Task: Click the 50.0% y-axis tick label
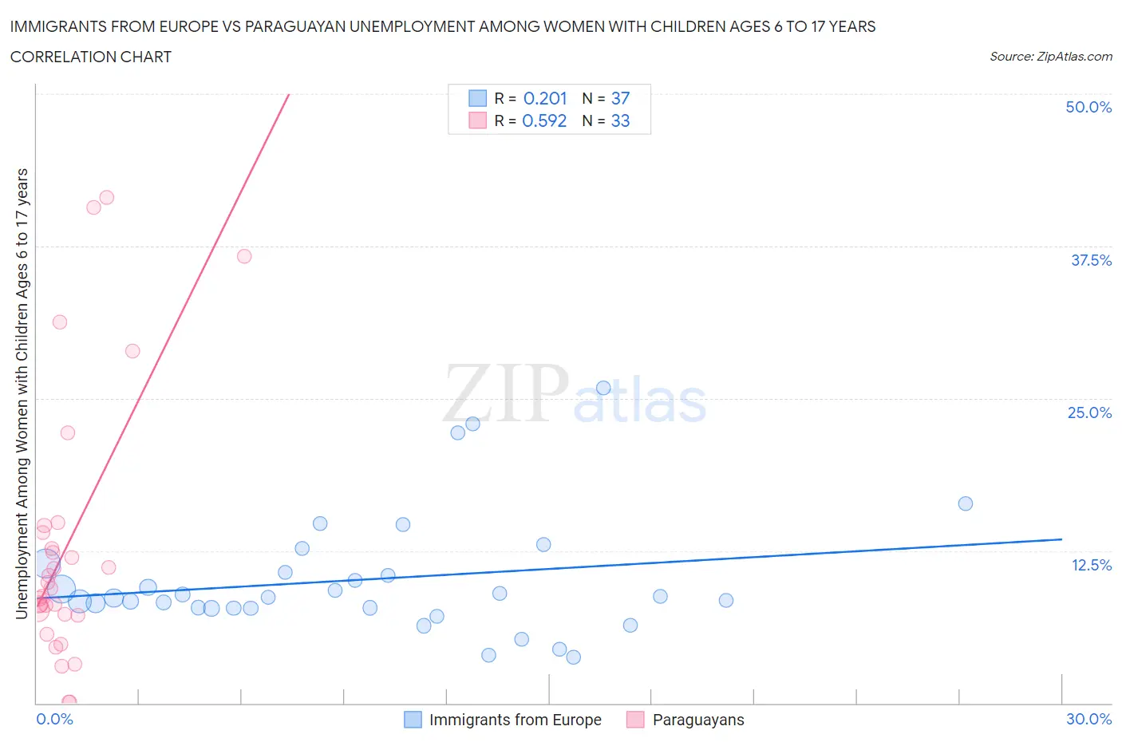pyautogui.click(x=1088, y=107)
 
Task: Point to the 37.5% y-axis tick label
pyautogui.click(x=1091, y=260)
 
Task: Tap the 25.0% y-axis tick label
pyautogui.click(x=1089, y=412)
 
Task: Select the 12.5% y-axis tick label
pyautogui.click(x=1091, y=565)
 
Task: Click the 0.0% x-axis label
pyautogui.click(x=54, y=719)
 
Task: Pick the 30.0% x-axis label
pyautogui.click(x=1088, y=719)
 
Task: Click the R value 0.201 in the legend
pyautogui.click(x=545, y=98)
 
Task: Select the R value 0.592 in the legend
pyautogui.click(x=544, y=120)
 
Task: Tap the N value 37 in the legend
pyautogui.click(x=620, y=98)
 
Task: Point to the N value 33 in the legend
pyautogui.click(x=620, y=120)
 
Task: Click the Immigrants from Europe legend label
pyautogui.click(x=515, y=720)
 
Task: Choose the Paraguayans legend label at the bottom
pyautogui.click(x=698, y=720)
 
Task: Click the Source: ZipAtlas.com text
pyautogui.click(x=1050, y=57)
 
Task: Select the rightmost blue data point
pyautogui.click(x=965, y=503)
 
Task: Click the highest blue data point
pyautogui.click(x=603, y=388)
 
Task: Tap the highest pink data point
pyautogui.click(x=107, y=197)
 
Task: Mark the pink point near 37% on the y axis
pyautogui.click(x=244, y=256)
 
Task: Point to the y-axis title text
pyautogui.click(x=22, y=393)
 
